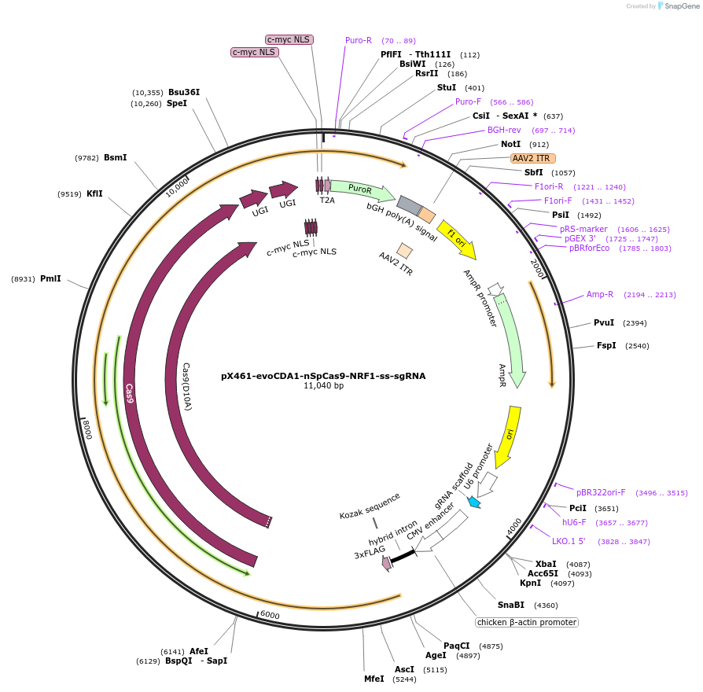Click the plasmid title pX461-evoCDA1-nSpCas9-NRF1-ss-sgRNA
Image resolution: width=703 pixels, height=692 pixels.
323,376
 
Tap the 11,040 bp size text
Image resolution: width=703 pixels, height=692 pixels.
323,385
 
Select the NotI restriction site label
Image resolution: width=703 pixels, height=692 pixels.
510,145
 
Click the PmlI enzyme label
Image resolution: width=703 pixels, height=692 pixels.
50,278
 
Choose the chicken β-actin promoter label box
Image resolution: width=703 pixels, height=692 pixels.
526,622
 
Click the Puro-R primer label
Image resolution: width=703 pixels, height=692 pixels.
359,40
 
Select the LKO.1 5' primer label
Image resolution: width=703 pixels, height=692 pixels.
568,541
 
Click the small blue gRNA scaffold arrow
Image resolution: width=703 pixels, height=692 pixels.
473,502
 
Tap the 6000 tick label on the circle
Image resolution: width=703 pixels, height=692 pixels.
270,615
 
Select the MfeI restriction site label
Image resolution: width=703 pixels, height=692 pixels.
374,679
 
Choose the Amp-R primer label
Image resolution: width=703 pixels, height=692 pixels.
600,294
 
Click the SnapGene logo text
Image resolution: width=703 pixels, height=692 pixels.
681,6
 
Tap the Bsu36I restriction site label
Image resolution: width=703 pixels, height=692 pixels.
184,92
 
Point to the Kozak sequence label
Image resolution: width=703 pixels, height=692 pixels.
370,505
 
